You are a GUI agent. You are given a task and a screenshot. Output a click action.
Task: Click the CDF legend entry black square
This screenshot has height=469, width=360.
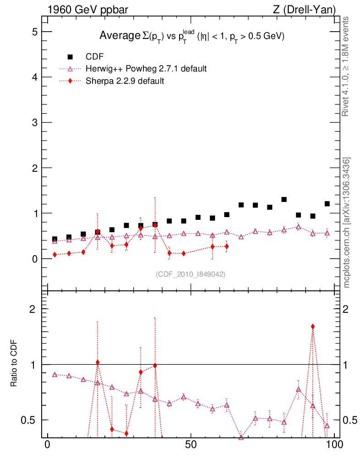click(70, 57)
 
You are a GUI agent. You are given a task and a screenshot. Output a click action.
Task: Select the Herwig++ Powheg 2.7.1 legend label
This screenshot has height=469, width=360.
click(146, 69)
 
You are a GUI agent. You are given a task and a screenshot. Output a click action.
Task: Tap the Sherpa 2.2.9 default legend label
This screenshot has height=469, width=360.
click(125, 81)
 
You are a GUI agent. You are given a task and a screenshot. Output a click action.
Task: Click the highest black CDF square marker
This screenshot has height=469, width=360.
click(284, 200)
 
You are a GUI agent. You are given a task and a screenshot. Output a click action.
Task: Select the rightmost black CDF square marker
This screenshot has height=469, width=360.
click(327, 204)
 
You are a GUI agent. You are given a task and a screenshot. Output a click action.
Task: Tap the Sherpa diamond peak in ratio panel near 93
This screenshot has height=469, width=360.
click(313, 327)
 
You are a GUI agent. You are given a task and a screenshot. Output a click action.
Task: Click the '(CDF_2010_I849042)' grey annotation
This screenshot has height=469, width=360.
click(191, 274)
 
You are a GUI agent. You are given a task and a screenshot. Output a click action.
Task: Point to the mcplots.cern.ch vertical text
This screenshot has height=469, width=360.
click(347, 223)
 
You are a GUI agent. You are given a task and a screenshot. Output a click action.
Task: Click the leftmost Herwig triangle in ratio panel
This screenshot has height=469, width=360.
click(55, 375)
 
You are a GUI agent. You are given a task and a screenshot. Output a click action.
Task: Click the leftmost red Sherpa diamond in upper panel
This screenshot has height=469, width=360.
click(55, 255)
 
